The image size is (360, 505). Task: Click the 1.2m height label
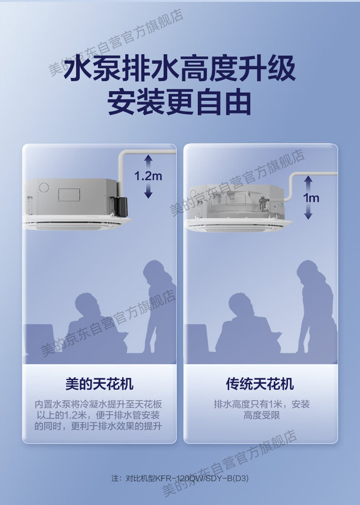coord(148,176)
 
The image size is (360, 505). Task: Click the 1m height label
coord(311,198)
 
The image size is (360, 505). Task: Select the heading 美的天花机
coord(99,384)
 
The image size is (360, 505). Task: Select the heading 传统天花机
coord(260,384)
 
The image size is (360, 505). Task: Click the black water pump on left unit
coord(121,206)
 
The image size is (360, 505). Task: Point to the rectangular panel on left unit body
coord(69,195)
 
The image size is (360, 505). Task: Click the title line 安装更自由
coord(179,103)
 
